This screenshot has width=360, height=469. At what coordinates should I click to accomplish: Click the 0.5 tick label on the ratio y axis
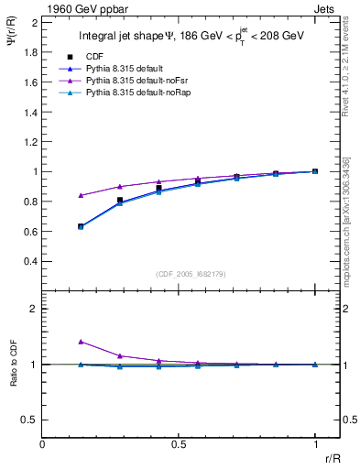(30, 420)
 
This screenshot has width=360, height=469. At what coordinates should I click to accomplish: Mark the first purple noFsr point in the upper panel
(82, 195)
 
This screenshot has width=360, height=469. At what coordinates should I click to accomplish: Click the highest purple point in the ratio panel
(82, 342)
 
